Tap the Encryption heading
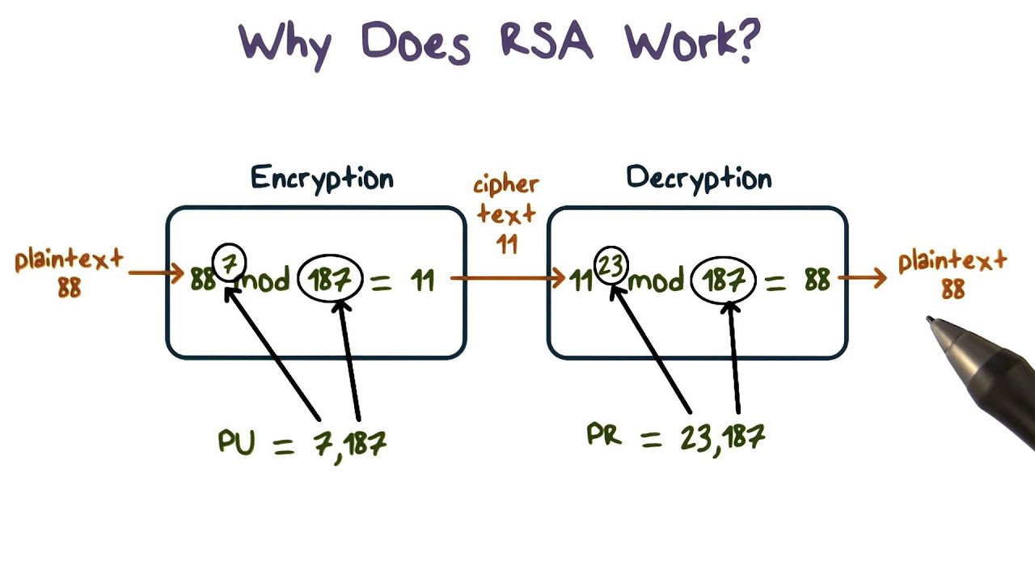pyautogui.click(x=322, y=178)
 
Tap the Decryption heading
pyautogui.click(x=699, y=178)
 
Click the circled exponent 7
pyautogui.click(x=229, y=263)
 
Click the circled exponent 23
pyautogui.click(x=611, y=265)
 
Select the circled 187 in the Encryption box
pyautogui.click(x=330, y=280)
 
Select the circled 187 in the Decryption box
pyautogui.click(x=723, y=280)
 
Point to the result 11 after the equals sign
pyautogui.click(x=422, y=280)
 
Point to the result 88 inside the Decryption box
pyautogui.click(x=817, y=280)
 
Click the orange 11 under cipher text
pyautogui.click(x=507, y=243)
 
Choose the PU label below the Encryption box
pyautogui.click(x=236, y=442)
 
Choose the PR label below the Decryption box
pyautogui.click(x=604, y=436)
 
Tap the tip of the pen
pyautogui.click(x=931, y=321)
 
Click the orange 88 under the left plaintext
pyautogui.click(x=70, y=287)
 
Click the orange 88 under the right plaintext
pyautogui.click(x=953, y=289)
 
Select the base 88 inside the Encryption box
pyautogui.click(x=202, y=280)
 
